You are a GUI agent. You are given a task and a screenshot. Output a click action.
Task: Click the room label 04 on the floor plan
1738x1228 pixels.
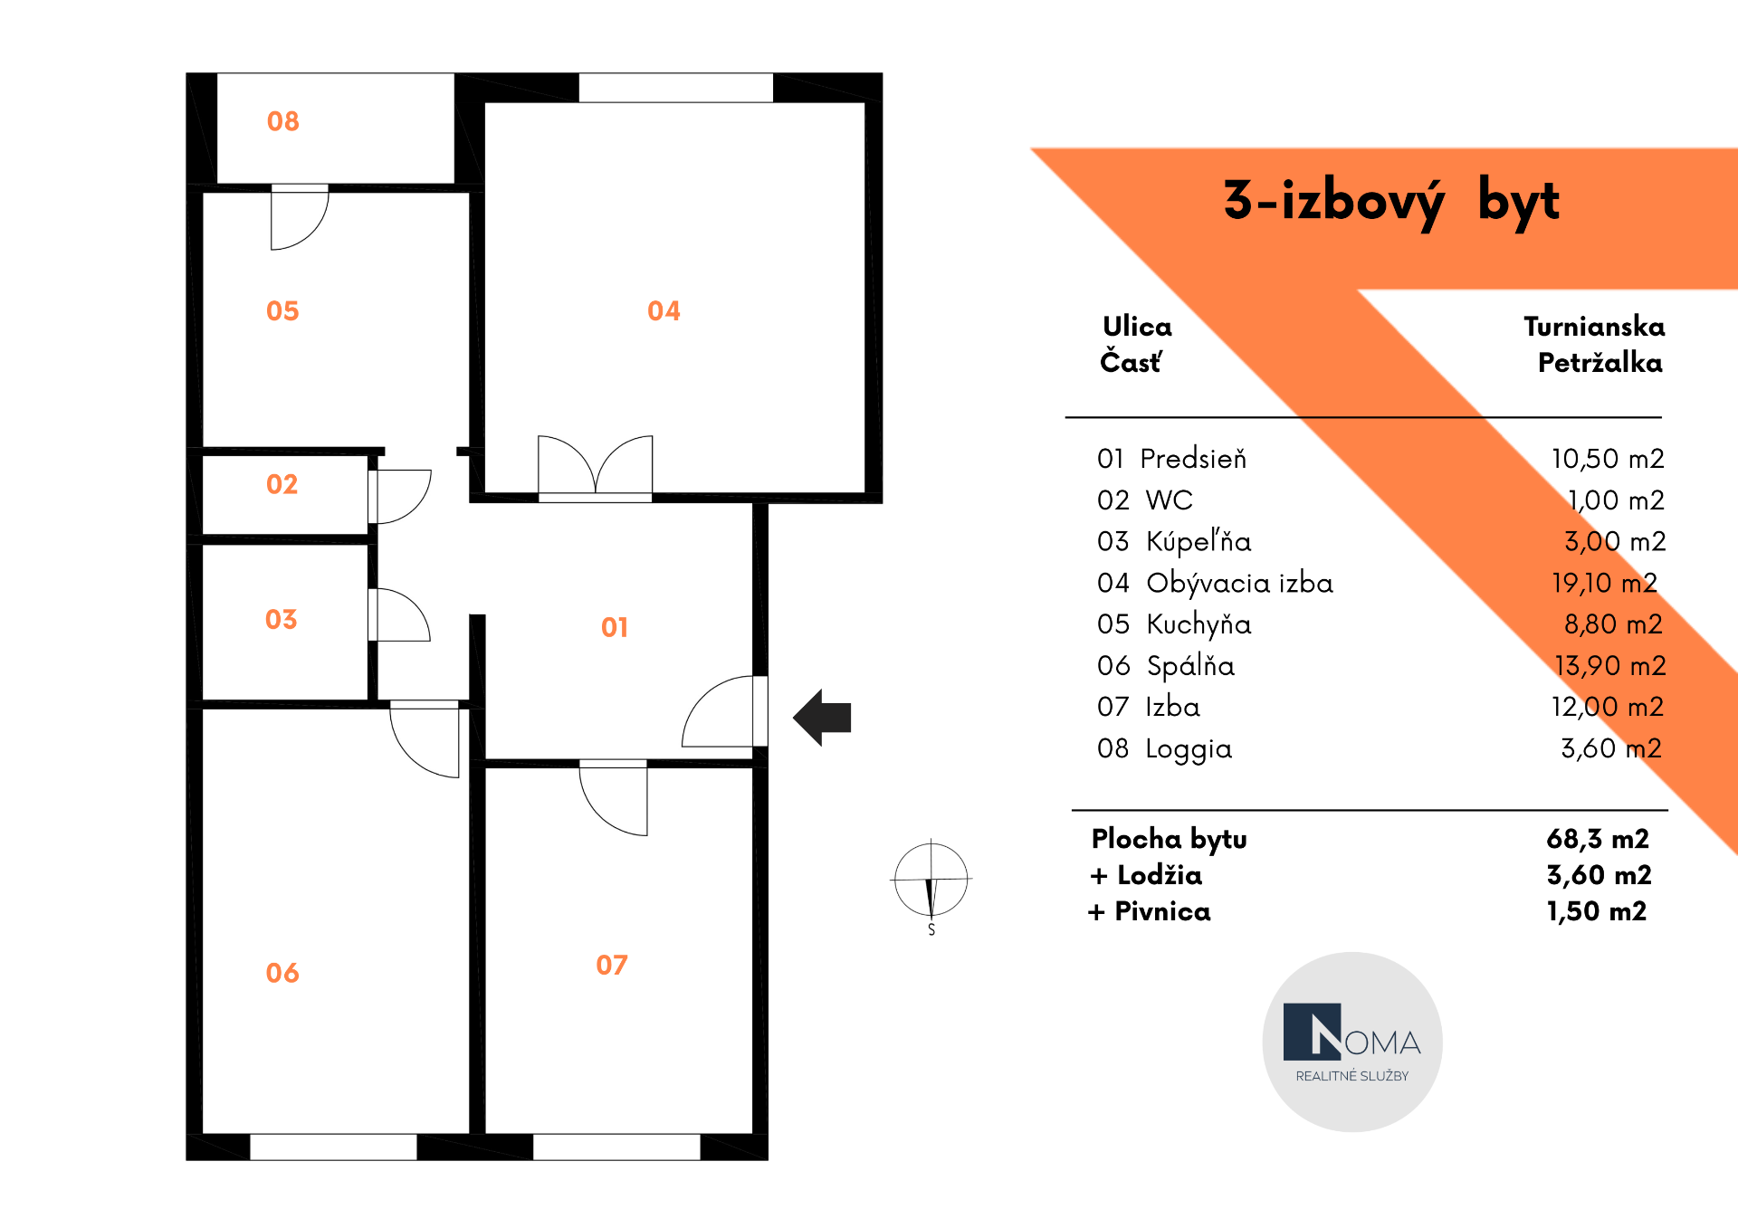click(664, 311)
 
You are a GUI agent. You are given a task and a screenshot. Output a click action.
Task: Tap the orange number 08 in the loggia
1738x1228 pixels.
click(282, 121)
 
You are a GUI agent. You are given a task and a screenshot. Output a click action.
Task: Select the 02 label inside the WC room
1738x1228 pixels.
click(282, 484)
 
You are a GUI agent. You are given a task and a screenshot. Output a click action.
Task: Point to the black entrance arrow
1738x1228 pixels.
click(822, 718)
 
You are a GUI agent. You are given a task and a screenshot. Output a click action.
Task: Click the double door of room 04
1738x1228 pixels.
click(595, 467)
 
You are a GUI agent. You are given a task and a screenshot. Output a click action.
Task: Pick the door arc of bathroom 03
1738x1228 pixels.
click(399, 614)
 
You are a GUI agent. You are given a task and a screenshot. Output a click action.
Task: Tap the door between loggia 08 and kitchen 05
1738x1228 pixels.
click(300, 217)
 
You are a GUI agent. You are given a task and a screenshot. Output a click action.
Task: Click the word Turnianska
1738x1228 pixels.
click(1594, 327)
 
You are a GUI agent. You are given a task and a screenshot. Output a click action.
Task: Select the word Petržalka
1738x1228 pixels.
click(1600, 363)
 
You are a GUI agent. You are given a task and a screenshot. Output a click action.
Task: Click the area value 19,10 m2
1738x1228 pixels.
click(1604, 583)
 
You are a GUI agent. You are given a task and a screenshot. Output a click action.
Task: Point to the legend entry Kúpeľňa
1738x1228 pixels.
click(1198, 541)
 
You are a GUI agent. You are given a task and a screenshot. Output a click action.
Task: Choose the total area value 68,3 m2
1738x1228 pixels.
click(1598, 839)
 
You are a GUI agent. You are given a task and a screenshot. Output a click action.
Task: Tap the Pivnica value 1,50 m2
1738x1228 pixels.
click(1597, 911)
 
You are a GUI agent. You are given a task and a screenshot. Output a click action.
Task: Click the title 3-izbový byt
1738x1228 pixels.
click(1391, 202)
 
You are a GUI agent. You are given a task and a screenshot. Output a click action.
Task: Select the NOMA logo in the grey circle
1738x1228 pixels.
click(1352, 1042)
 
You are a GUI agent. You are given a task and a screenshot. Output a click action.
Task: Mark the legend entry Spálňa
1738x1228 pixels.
click(1190, 666)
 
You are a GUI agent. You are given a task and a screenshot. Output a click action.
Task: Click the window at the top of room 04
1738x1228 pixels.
click(676, 88)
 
